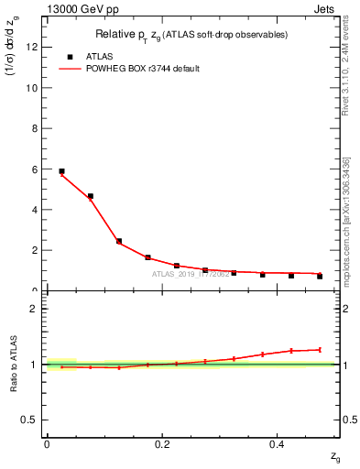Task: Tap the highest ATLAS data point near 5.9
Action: click(x=61, y=171)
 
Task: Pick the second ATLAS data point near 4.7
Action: click(x=90, y=196)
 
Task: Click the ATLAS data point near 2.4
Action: click(x=119, y=241)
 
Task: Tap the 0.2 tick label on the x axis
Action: click(x=162, y=443)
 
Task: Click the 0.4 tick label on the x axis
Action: click(x=278, y=443)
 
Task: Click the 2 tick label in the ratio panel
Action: click(x=38, y=309)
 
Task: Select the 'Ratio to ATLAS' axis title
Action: click(x=15, y=364)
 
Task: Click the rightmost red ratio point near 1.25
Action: click(x=320, y=349)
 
